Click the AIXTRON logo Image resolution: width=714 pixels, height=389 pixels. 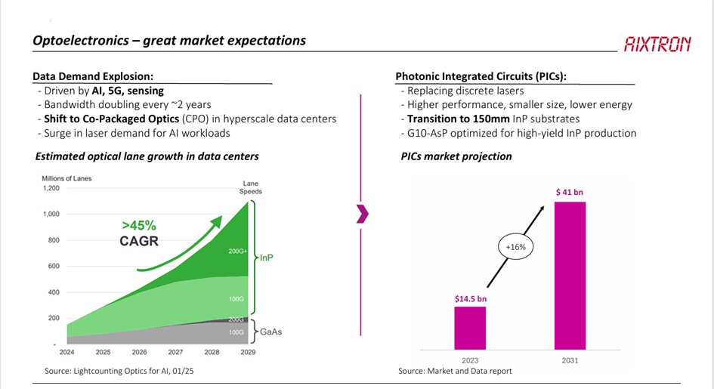pyautogui.click(x=657, y=44)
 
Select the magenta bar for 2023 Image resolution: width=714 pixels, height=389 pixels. pyautogui.click(x=470, y=328)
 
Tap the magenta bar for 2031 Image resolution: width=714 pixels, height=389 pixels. pyautogui.click(x=570, y=276)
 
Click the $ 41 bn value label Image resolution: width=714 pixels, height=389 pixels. pyautogui.click(x=569, y=192)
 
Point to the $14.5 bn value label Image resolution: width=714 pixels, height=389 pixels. pyautogui.click(x=471, y=299)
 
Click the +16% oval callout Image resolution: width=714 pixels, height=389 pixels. pyautogui.click(x=515, y=247)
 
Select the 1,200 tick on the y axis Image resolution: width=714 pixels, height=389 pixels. pyautogui.click(x=51, y=188)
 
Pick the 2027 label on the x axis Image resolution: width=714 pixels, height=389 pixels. pyautogui.click(x=175, y=352)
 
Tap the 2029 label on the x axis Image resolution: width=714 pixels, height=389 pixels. pyautogui.click(x=248, y=352)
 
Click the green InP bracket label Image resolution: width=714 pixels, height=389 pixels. pyautogui.click(x=267, y=258)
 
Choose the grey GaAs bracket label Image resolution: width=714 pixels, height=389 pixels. pyautogui.click(x=271, y=332)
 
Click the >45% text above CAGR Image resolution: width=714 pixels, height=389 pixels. pyautogui.click(x=139, y=226)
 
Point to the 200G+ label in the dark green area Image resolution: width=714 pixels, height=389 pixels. pyautogui.click(x=237, y=251)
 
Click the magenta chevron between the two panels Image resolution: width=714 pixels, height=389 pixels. pyautogui.click(x=363, y=215)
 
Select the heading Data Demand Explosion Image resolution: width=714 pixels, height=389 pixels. pyautogui.click(x=93, y=76)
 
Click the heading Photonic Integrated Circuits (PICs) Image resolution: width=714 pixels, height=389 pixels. pyautogui.click(x=481, y=76)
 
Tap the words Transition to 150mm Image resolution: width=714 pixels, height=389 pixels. pyautogui.click(x=458, y=119)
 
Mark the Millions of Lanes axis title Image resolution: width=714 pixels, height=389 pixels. pyautogui.click(x=66, y=178)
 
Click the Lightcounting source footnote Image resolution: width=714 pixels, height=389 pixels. pyautogui.click(x=119, y=371)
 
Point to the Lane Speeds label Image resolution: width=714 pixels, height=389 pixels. pyautogui.click(x=250, y=187)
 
